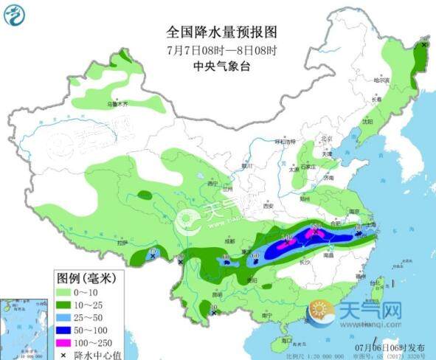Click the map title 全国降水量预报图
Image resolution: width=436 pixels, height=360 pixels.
pyautogui.click(x=221, y=32)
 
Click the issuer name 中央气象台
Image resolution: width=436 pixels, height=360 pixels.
pyautogui.click(x=221, y=65)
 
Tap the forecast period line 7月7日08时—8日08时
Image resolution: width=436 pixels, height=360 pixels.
pyautogui.click(x=221, y=49)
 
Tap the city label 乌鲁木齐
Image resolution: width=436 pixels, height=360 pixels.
pyautogui.click(x=118, y=105)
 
